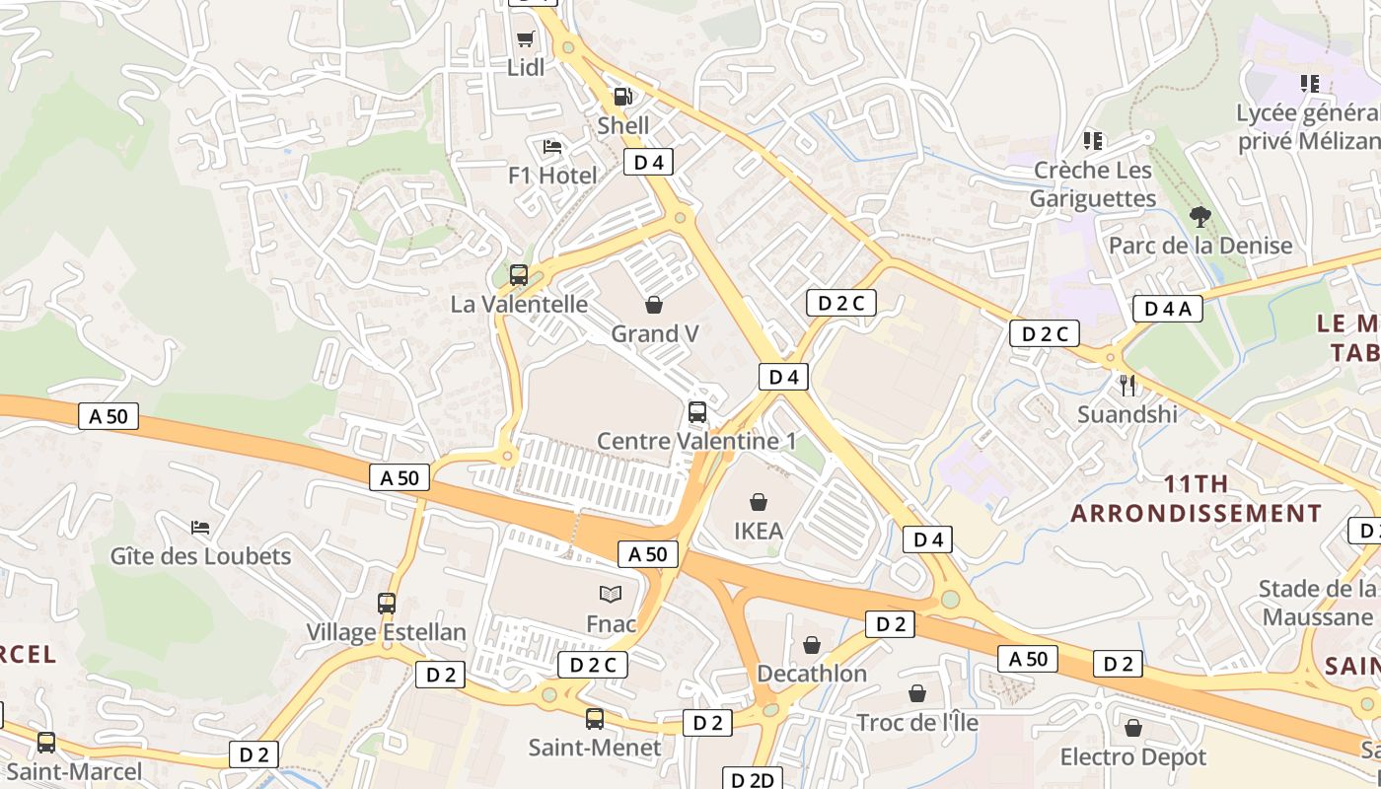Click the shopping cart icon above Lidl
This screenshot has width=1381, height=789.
526,39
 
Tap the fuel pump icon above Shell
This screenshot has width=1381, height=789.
623,97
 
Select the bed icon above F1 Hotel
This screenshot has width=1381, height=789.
552,147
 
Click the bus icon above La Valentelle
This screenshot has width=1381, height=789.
519,275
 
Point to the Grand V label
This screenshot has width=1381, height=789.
655,334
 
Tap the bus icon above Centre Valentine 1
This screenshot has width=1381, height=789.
697,411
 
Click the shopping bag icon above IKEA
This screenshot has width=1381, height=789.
759,502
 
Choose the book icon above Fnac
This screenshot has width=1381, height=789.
612,594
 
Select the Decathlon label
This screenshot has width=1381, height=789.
812,674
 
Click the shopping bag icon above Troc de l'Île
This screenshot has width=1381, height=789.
917,693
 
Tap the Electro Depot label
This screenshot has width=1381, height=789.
1133,757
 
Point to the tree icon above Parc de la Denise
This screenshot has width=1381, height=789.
1200,216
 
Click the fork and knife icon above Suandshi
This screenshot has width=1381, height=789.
1127,385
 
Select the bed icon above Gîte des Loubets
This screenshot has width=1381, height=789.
201,527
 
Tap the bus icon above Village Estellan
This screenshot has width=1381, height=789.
387,603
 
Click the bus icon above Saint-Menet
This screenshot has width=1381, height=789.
594,718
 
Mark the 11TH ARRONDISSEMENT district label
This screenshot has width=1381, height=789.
1197,499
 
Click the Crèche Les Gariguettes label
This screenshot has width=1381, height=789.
1093,184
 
